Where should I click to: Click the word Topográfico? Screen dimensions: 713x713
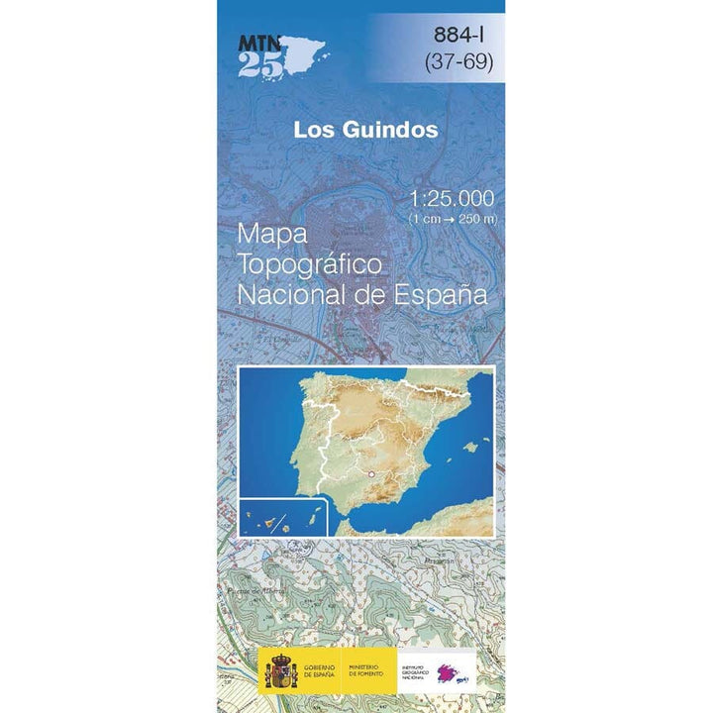(310, 265)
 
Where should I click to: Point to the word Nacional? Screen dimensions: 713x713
(287, 295)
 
